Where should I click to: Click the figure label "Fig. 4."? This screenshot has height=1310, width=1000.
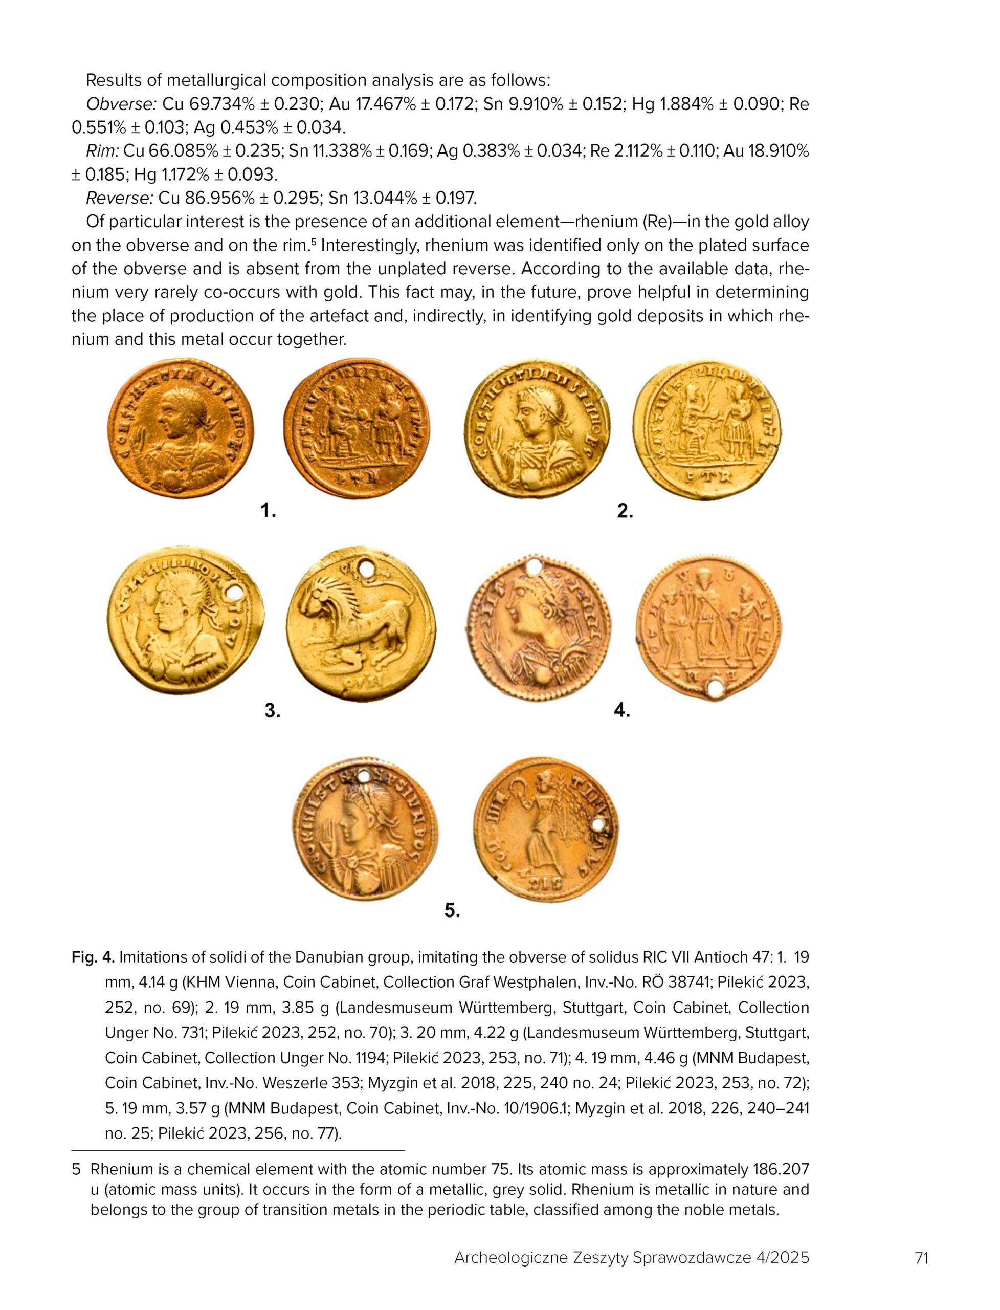pos(93,957)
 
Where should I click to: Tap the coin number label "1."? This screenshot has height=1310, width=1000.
pos(269,510)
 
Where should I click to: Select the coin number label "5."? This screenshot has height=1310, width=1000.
pos(452,910)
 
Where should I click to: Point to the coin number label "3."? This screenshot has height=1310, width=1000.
pos(273,710)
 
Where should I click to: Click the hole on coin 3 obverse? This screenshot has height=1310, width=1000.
pos(236,594)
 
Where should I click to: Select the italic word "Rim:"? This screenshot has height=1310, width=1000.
pos(102,151)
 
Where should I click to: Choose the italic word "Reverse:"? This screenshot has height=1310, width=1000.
pos(121,198)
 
